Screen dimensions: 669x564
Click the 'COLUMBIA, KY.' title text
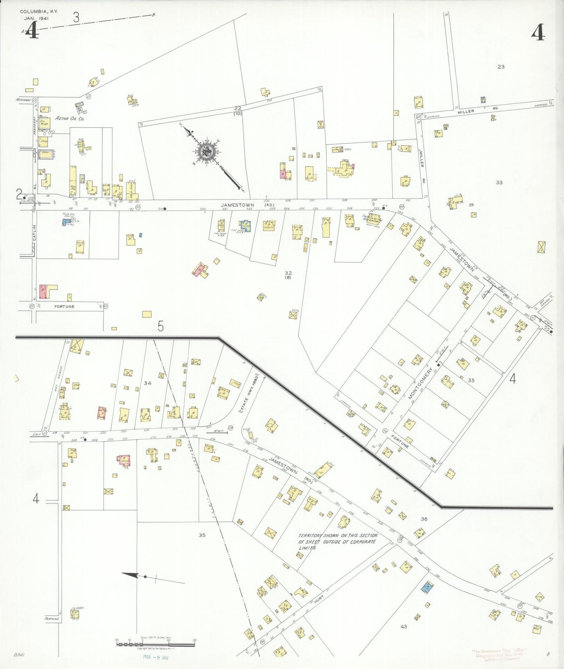point(39,12)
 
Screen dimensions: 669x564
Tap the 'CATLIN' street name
point(34,233)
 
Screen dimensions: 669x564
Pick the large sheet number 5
point(161,326)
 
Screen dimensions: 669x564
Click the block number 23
point(501,67)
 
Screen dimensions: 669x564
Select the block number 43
point(404,626)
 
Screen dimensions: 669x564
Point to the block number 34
point(147,383)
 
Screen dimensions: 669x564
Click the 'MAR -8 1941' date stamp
point(155,657)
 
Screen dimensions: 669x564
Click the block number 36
point(424,519)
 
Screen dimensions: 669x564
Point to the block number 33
point(499,182)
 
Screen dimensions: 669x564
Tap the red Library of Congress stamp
point(501,655)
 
